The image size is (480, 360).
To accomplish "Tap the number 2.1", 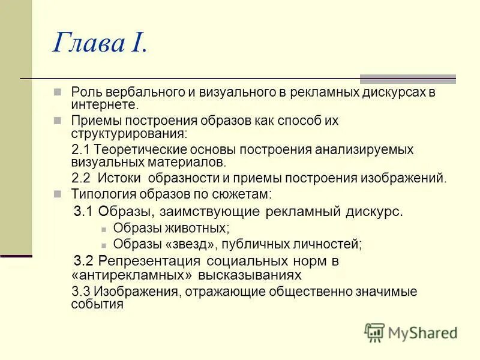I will [x=80, y=149].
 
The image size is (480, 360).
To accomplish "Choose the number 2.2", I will [x=80, y=178].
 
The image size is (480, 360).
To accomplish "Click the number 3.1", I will [x=83, y=211].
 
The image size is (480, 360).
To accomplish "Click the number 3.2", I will [x=83, y=262].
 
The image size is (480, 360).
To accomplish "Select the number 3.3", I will [x=80, y=292].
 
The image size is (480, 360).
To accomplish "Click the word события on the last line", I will [x=97, y=304].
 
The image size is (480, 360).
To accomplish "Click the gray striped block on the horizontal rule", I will [x=407, y=79].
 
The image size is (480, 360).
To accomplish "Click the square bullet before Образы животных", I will [x=104, y=229].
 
